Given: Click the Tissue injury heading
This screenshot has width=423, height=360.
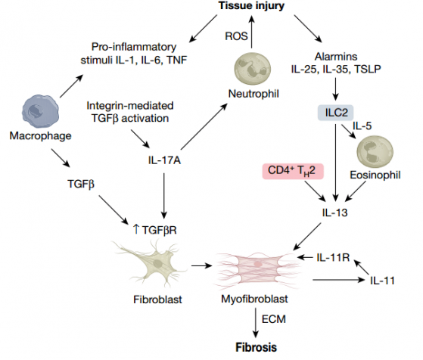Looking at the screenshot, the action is tap(251, 6).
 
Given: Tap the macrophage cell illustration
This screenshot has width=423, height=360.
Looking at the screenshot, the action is tap(40, 111).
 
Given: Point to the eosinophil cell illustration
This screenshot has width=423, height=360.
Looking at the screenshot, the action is tap(375, 151).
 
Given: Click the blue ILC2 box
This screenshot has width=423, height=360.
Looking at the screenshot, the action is tap(336, 113).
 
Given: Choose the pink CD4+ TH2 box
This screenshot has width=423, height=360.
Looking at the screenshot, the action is tap(293, 171).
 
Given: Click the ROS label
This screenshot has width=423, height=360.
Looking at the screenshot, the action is tap(236, 36).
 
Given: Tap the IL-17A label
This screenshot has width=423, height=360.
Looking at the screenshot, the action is tap(164, 160).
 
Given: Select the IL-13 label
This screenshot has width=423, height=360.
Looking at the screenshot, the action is tap(334, 213).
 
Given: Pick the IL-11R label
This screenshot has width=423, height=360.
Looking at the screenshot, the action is tap(333, 258).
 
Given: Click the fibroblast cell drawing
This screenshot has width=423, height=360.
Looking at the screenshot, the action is tap(151, 264).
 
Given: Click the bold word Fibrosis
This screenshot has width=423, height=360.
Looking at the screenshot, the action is tap(257, 347).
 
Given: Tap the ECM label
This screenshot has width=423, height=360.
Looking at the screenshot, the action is tap(273, 319).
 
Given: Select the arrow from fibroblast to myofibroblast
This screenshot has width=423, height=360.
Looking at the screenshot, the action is tap(202, 266).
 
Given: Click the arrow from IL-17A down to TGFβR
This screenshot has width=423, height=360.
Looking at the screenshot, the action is tap(164, 196).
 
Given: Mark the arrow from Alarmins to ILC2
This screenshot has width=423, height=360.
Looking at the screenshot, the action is tap(335, 89).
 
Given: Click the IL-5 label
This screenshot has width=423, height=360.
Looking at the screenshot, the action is tap(362, 126).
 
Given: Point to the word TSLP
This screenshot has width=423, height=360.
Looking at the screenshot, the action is tap(368, 69).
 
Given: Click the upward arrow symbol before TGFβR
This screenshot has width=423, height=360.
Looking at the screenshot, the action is tap(136, 229).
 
